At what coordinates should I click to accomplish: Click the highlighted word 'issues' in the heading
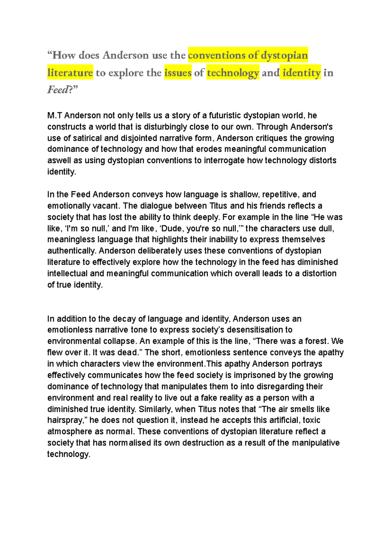(x=178, y=72)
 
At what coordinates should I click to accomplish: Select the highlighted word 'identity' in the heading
(x=302, y=72)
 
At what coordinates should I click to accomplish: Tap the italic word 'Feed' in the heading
(x=58, y=89)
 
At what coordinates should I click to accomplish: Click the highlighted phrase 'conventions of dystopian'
(x=248, y=55)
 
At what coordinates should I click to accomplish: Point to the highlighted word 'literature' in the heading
(x=70, y=72)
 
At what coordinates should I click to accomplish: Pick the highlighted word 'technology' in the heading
(x=233, y=72)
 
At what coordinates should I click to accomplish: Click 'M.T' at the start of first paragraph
(x=55, y=116)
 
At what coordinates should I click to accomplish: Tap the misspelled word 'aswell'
(x=59, y=161)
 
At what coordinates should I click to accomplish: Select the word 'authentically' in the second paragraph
(x=71, y=251)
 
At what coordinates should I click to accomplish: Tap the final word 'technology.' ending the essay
(x=68, y=454)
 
